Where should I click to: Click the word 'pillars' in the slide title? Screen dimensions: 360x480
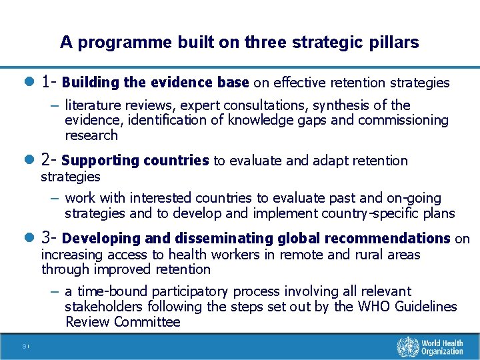point(397,43)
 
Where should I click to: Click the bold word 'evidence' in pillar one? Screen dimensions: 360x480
point(177,83)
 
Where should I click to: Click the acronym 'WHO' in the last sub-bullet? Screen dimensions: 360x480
point(371,307)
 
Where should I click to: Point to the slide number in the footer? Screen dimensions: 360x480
point(25,346)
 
